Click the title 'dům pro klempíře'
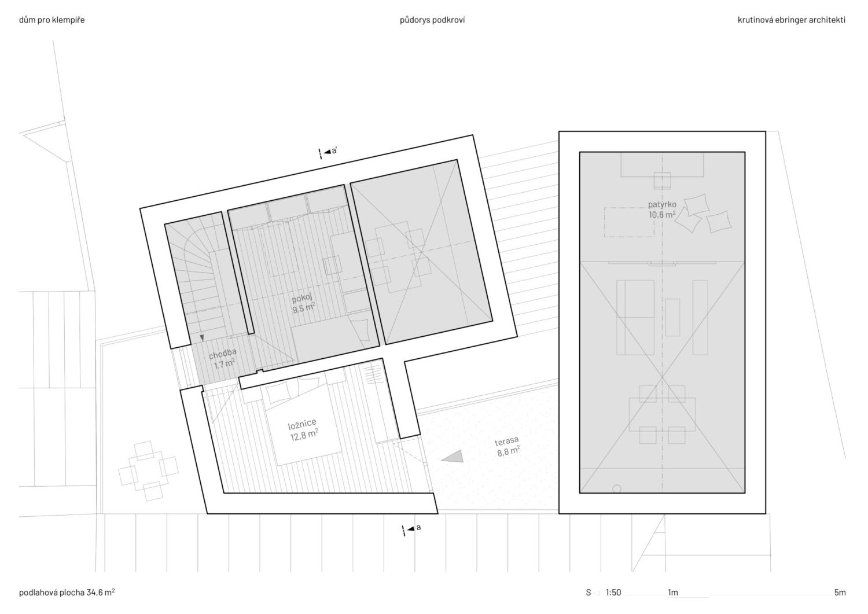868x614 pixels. tap(52, 20)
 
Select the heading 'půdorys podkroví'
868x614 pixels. tap(432, 20)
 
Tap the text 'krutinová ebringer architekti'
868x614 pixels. tap(792, 20)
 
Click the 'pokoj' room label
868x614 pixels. tap(302, 299)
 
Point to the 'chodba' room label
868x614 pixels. tap(222, 354)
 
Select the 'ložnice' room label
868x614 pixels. tap(302, 424)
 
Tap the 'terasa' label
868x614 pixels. tap(507, 442)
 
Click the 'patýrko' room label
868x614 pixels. tap(662, 204)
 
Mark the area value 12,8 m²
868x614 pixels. tap(304, 435)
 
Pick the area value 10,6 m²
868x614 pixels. tap(663, 214)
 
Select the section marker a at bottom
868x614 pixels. tap(411, 529)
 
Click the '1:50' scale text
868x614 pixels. tap(613, 592)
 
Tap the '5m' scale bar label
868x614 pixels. tap(840, 592)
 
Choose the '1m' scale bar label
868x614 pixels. tap(673, 592)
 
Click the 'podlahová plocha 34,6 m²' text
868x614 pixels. tap(67, 592)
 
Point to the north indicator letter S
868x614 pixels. tap(589, 592)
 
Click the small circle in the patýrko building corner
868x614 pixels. tap(616, 489)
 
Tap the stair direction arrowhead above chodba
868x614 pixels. tap(201, 338)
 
